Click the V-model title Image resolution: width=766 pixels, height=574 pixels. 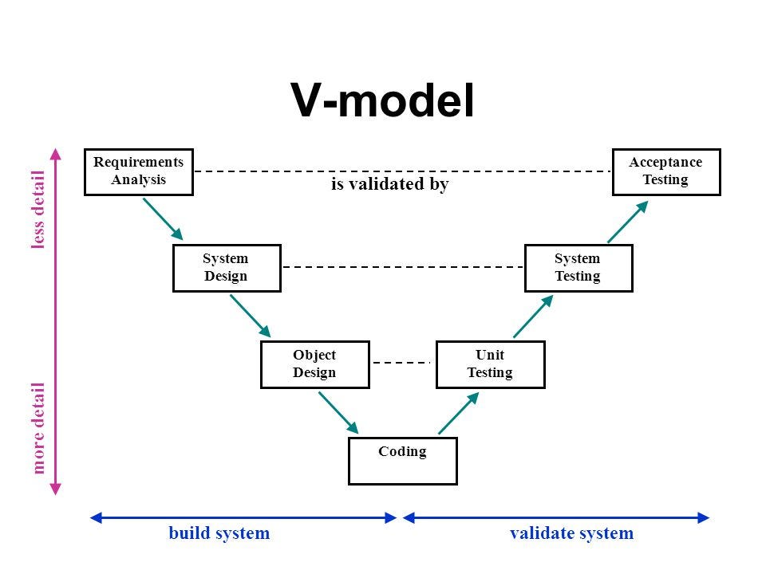coord(382,101)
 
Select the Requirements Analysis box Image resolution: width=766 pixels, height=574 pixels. coord(138,171)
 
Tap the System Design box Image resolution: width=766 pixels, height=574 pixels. coord(227,268)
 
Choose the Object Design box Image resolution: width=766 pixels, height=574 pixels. coord(314,364)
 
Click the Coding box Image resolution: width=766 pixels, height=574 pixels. coord(402,460)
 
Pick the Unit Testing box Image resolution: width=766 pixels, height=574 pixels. coord(490,364)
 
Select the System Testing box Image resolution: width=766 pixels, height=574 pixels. coord(578,268)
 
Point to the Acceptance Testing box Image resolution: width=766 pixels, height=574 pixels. coord(665,171)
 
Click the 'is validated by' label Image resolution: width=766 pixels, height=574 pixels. coord(390,184)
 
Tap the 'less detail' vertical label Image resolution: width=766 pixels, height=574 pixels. coord(38,210)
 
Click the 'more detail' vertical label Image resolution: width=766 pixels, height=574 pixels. coord(38,427)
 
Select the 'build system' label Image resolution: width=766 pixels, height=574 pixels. coord(219,533)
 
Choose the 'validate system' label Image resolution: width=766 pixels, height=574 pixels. coord(571,533)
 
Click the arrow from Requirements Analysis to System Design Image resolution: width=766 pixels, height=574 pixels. coord(163,219)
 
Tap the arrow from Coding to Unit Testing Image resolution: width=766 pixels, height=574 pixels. coord(459,412)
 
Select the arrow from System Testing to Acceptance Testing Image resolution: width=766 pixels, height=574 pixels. coord(627,221)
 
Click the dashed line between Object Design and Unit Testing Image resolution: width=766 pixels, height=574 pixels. coord(402,363)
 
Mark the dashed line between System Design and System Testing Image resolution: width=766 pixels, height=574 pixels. coord(402,267)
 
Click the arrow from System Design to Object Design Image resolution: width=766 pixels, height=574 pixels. coord(251,316)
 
